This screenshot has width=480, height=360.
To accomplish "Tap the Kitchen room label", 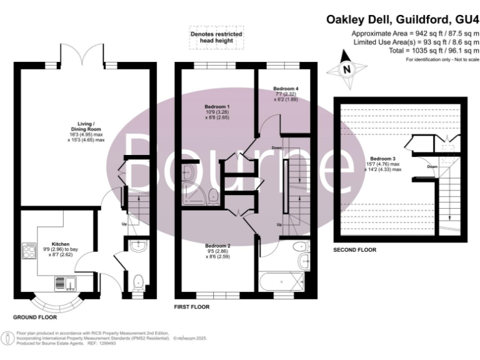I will coord(61,244).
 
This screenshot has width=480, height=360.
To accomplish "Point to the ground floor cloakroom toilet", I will coord(139,282).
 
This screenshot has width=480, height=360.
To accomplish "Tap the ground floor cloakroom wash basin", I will coord(139,246).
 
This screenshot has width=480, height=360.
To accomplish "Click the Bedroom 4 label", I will coord(284,88).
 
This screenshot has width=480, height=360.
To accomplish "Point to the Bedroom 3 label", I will coord(381,158).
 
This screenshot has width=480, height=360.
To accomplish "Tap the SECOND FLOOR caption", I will coord(354,249).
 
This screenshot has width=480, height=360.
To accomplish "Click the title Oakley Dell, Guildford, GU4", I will coord(403,19).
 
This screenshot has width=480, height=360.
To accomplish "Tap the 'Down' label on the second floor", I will coord(432,167).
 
